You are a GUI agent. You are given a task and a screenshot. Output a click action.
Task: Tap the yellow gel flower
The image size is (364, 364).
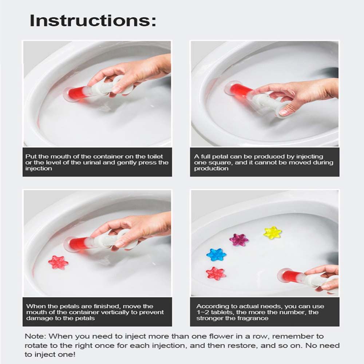[273, 233]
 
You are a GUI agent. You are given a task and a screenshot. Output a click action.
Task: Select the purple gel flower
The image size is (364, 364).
[239, 240]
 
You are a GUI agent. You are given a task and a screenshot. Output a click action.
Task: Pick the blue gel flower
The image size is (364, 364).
[216, 255]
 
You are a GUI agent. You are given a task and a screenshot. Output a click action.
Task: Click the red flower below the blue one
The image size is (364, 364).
[215, 273]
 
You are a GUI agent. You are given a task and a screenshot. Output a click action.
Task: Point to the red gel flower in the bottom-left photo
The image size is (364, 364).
[58, 262]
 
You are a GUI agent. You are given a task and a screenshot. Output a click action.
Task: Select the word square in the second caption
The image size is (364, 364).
[219, 163]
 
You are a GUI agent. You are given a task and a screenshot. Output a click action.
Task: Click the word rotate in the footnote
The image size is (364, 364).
[36, 345]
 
